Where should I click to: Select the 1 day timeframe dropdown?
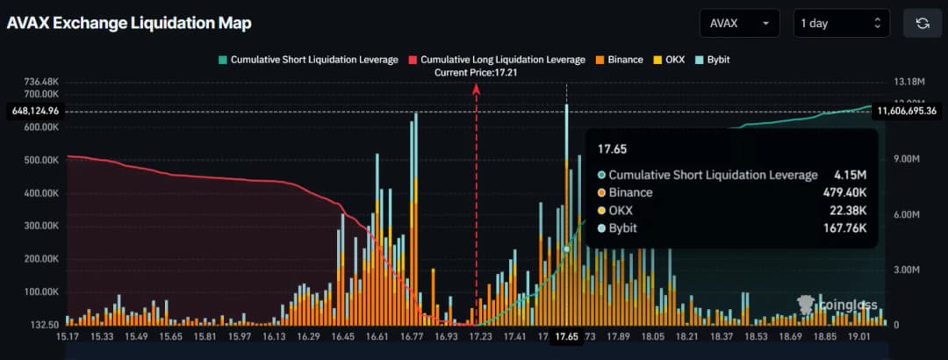[841, 24]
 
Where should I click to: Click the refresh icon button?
[922, 24]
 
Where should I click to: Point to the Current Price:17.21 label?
[475, 73]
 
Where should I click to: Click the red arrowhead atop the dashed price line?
[477, 87]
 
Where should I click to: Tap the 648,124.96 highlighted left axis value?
[35, 112]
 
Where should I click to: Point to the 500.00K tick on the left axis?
[39, 161]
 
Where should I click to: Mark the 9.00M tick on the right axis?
[907, 160]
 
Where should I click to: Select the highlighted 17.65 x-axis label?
[566, 336]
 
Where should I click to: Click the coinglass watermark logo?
[837, 305]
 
